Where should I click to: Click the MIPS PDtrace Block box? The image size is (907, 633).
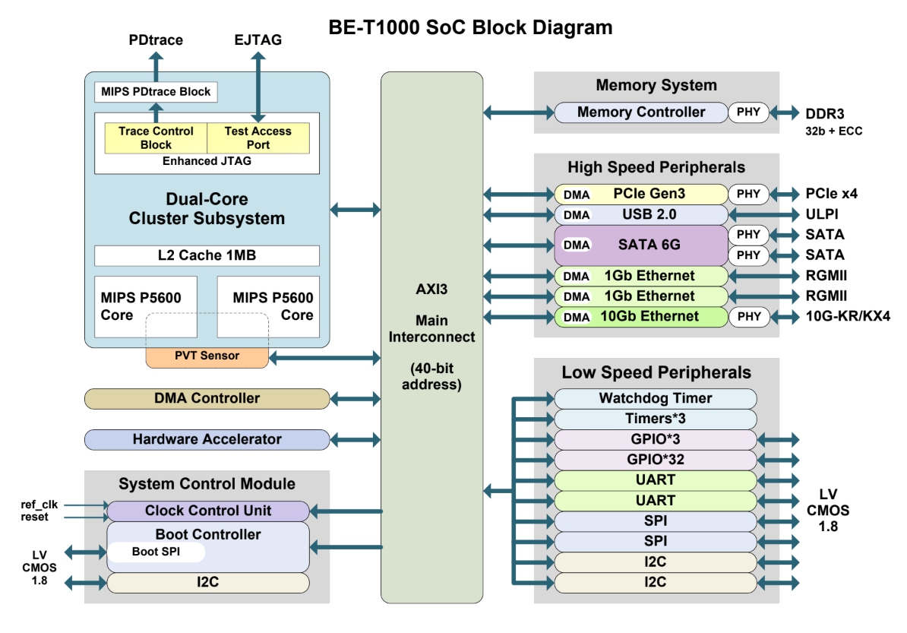(156, 92)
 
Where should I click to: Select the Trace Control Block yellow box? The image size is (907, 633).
(156, 138)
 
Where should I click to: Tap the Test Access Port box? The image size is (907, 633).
(258, 138)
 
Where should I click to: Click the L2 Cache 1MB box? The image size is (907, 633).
(207, 255)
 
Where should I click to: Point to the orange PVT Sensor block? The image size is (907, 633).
(207, 356)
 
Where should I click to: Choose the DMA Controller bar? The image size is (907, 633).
(207, 398)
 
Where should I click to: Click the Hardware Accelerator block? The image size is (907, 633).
(207, 439)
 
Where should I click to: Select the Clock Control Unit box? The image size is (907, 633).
(208, 511)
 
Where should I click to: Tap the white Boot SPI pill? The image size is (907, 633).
(156, 552)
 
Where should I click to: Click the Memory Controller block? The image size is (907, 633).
(641, 112)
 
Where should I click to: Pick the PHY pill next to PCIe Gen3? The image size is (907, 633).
(748, 194)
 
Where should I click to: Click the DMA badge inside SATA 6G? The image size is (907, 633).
(577, 245)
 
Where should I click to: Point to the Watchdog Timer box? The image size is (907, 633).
(656, 398)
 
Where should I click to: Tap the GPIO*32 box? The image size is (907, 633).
(656, 460)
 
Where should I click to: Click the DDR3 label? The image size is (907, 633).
(825, 113)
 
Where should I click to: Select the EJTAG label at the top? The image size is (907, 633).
(258, 40)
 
